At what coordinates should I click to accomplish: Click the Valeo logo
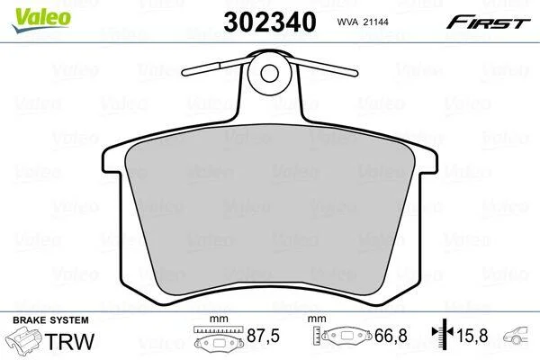pyautogui.click(x=40, y=20)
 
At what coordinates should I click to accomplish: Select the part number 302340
pyautogui.click(x=270, y=22)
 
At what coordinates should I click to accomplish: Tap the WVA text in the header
pyautogui.click(x=347, y=22)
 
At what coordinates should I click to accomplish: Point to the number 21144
pyautogui.click(x=375, y=22)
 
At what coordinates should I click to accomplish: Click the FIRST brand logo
pyautogui.click(x=488, y=22)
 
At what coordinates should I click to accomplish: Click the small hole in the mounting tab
pyautogui.click(x=269, y=73)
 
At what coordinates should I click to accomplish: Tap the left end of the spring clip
pyautogui.click(x=184, y=73)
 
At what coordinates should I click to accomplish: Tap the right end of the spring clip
pyautogui.click(x=355, y=73)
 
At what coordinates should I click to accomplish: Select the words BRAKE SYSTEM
pyautogui.click(x=50, y=320)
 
